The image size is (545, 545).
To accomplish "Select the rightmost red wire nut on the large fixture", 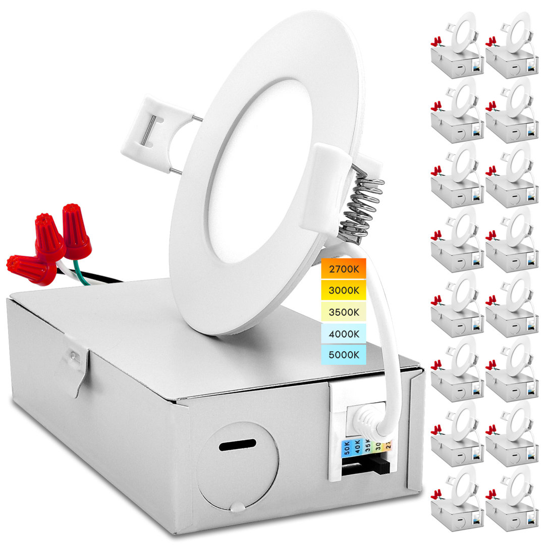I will click(76, 232).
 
